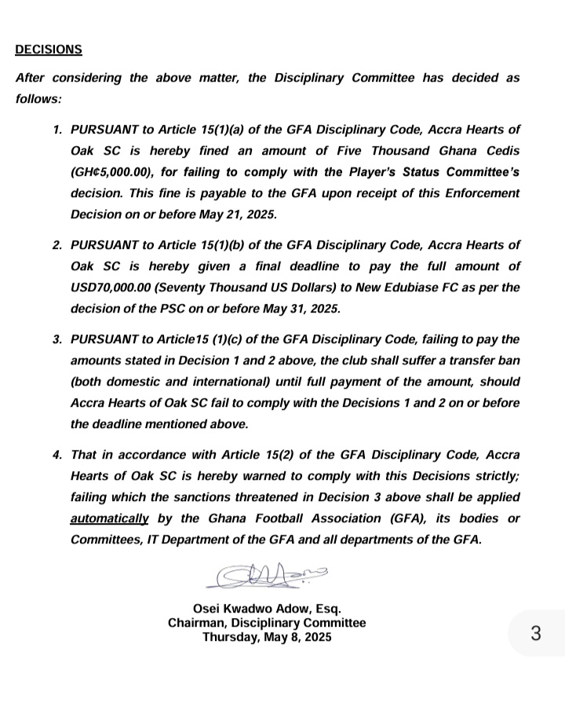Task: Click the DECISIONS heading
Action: tap(49, 49)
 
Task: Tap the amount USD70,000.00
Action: tap(117, 287)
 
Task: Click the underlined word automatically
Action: tap(110, 518)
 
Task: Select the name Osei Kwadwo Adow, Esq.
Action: tap(267, 609)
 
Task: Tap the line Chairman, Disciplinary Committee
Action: tap(267, 623)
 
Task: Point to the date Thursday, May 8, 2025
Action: tap(267, 638)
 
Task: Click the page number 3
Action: tap(536, 633)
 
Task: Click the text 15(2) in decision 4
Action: tap(283, 455)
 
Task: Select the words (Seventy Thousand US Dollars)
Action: tap(240, 287)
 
